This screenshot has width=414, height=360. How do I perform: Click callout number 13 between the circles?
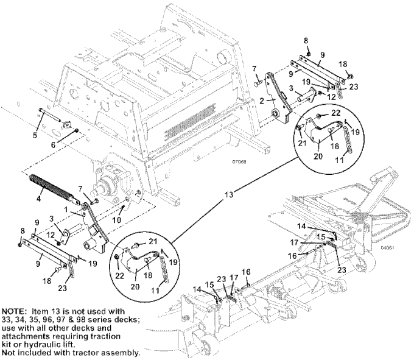pos(229,195)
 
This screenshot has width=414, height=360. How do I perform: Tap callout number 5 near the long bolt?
pos(35,135)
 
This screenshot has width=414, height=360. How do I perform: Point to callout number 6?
pos(53,144)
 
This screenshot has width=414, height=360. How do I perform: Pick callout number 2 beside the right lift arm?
pos(262,101)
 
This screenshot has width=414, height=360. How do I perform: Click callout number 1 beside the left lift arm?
pos(66,210)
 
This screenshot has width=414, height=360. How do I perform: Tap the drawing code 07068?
pos(239,162)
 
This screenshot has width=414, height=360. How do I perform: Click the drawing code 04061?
pos(387,248)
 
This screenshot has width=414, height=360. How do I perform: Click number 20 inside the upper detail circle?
pos(318,156)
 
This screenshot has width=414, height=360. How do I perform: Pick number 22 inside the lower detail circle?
pos(119,276)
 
